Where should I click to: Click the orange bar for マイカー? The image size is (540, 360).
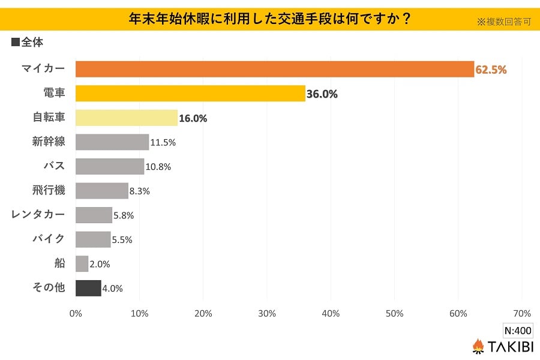coord(275,69)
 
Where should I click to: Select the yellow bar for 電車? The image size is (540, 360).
coord(190,94)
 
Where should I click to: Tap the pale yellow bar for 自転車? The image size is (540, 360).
coord(127,118)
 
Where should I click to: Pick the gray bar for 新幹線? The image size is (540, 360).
coord(112,142)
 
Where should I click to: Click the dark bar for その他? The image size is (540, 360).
coord(88,288)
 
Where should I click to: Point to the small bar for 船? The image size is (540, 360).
coord(82,263)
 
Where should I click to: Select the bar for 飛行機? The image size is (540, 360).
coord(102,191)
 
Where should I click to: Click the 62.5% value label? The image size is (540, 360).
coord(491,70)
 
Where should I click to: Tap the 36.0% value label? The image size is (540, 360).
coord(322,94)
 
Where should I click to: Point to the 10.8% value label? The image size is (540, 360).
coord(158,167)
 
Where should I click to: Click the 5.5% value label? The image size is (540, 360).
coord(122,239)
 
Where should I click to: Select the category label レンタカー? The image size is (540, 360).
coord(38,214)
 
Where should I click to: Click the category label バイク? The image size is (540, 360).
coord(49,239)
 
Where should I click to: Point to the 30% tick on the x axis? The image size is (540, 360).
coord(267,314)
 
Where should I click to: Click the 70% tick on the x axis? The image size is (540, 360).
coord(522,314)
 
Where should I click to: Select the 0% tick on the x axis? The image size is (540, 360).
coord(76,314)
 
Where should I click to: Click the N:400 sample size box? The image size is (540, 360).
coord(517,331)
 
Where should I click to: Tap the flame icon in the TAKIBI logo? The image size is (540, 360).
coord(478,346)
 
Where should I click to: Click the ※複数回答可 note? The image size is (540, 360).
coord(504,22)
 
